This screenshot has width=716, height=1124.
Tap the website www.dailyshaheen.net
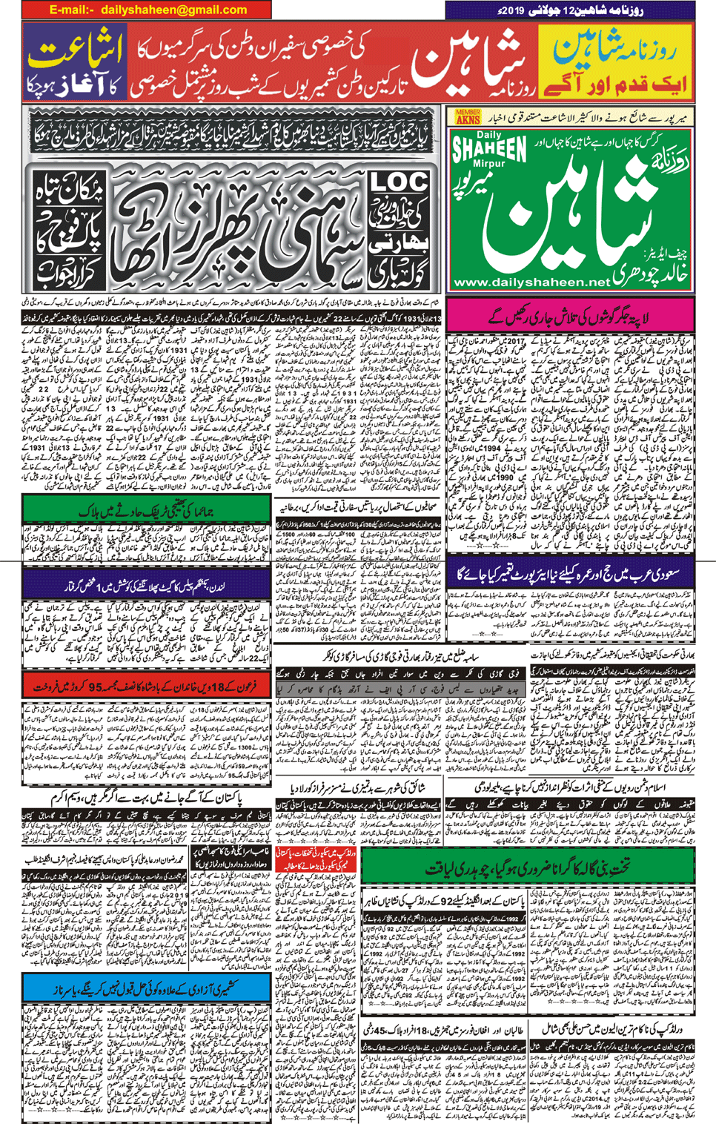(x=531, y=282)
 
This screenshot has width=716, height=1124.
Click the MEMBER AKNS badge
(x=468, y=116)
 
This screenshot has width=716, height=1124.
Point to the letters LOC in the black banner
(x=398, y=182)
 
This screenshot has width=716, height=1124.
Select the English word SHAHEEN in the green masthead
(x=490, y=149)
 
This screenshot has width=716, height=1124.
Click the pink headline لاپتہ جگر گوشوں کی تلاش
(x=570, y=315)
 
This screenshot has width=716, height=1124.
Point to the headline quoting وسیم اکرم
(x=146, y=799)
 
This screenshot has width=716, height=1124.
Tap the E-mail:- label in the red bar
(x=71, y=10)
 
